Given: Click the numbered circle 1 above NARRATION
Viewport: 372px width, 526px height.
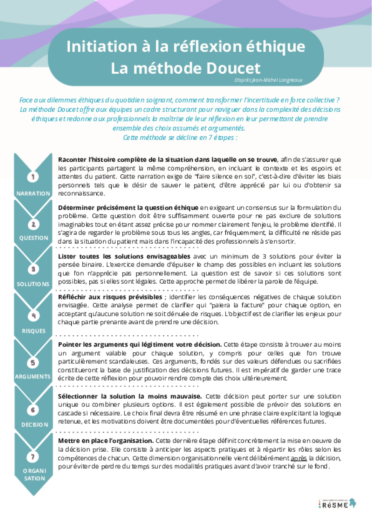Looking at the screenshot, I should click(x=33, y=177).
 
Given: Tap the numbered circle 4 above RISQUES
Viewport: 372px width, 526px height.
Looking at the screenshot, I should click(x=34, y=316).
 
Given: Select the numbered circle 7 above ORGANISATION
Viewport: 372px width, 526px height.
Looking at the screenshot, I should click(x=33, y=457).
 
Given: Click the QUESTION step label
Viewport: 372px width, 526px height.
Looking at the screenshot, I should click(x=34, y=238).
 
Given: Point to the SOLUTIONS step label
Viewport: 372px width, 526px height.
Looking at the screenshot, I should click(x=33, y=284).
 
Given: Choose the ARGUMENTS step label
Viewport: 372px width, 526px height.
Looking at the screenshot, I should click(x=33, y=377).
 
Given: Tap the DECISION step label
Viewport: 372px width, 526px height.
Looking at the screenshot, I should click(x=35, y=425).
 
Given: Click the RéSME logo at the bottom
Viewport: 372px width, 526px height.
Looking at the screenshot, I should click(x=337, y=504).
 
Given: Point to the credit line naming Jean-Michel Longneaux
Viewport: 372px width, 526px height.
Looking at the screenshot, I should click(x=268, y=80).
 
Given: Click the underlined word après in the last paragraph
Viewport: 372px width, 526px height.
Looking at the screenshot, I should click(x=298, y=458).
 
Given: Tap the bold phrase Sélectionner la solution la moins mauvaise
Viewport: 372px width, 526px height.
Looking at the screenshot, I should click(x=130, y=396).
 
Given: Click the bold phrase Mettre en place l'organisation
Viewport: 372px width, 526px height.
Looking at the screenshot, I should click(x=106, y=441).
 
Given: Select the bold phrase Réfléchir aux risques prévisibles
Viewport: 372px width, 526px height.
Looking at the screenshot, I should click(x=110, y=297).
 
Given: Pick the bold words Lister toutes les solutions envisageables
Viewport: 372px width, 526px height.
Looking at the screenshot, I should click(x=124, y=256).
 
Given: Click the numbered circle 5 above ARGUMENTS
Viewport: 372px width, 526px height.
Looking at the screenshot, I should click(x=33, y=363).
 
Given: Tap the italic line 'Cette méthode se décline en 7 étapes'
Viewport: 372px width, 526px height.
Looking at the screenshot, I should click(x=180, y=137).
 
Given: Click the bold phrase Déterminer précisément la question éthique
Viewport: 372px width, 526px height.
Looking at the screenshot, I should click(x=128, y=208).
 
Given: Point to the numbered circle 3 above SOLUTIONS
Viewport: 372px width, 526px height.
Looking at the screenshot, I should click(x=33, y=269).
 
